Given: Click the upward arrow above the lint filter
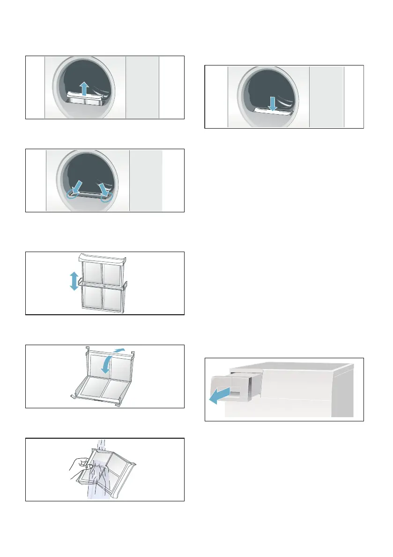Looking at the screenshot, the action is coord(84,87).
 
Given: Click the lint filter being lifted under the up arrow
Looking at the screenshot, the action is coord(84,100).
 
